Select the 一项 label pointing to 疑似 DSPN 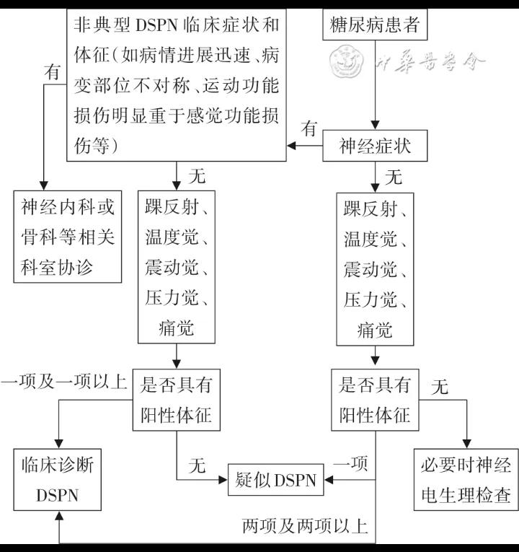[x=350, y=463]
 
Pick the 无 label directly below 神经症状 [x=394, y=176]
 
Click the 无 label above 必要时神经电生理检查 [x=439, y=387]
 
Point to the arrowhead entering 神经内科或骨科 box [x=43, y=185]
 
